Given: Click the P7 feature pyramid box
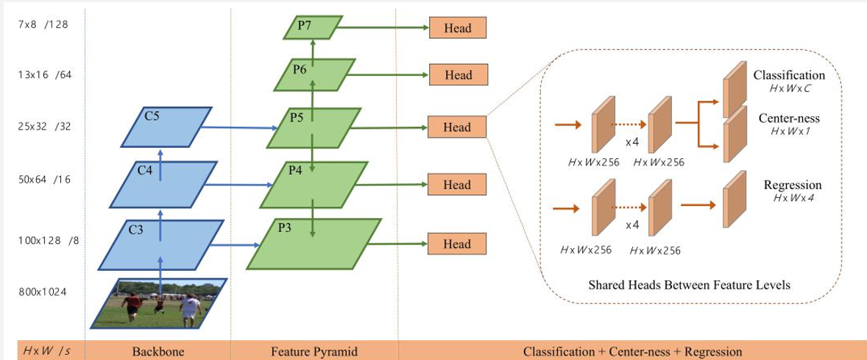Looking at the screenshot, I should click(313, 28).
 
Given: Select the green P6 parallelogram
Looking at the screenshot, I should click(314, 74).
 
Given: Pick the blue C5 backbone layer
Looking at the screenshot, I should click(167, 127).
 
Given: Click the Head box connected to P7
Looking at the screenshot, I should click(458, 28).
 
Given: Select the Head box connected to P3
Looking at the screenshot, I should click(458, 244).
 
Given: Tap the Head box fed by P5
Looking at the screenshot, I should click(458, 127).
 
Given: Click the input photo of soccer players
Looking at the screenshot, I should click(159, 303).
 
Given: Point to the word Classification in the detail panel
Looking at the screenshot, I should click(789, 75).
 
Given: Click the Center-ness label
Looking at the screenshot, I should click(789, 118).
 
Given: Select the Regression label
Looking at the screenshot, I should click(792, 185).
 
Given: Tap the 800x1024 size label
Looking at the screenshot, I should click(43, 292).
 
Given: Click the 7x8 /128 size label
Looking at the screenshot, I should click(42, 24).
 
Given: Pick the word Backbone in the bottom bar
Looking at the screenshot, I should click(158, 351).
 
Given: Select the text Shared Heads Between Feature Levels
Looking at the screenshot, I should click(689, 284).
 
